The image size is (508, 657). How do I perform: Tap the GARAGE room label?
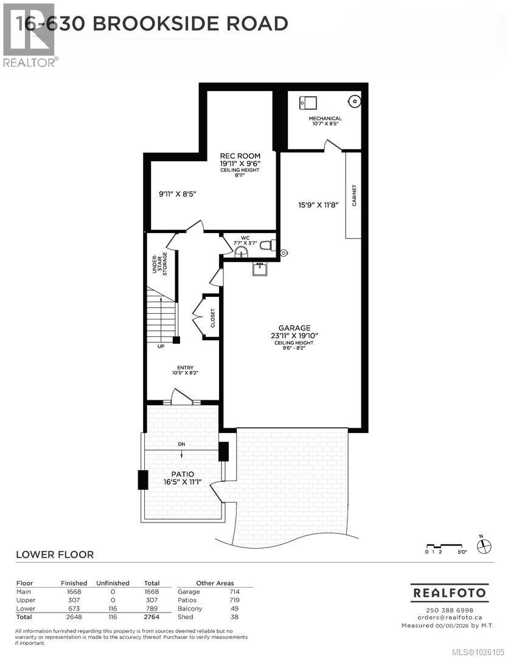296,327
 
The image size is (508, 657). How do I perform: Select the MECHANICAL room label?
325,119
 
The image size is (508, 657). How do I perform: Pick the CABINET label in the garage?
353,195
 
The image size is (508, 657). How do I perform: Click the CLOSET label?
213,318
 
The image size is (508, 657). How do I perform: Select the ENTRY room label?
185,367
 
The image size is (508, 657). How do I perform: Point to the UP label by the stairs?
161,347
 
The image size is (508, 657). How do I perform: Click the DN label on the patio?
181,444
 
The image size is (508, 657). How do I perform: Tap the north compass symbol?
483,545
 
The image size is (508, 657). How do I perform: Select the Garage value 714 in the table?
234,591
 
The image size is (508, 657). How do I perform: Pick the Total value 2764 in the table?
151,617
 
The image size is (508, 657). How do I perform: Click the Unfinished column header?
113,583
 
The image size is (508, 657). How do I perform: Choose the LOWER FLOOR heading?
54,554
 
